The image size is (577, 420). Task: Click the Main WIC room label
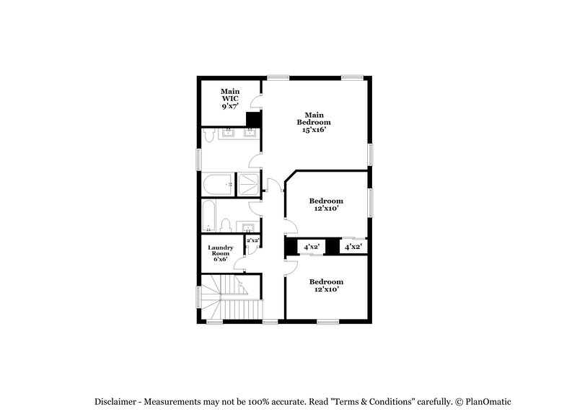pos(230,98)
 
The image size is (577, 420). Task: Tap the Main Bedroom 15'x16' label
pos(313,123)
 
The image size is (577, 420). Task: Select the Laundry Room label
pos(220,253)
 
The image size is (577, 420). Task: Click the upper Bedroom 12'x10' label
pos(326,204)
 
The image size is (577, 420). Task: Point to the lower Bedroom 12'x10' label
pos(326,285)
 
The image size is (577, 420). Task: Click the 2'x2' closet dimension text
pos(252,240)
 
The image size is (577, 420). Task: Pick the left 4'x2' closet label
pos(312,247)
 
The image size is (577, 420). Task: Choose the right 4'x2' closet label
pos(353,247)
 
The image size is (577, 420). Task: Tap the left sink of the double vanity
pos(229,133)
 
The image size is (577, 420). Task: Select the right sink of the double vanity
pos(250,133)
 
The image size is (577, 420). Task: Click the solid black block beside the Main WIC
pos(253,120)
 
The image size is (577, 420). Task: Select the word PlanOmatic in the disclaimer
pos(488,401)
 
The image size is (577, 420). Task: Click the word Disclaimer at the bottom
pos(116,401)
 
